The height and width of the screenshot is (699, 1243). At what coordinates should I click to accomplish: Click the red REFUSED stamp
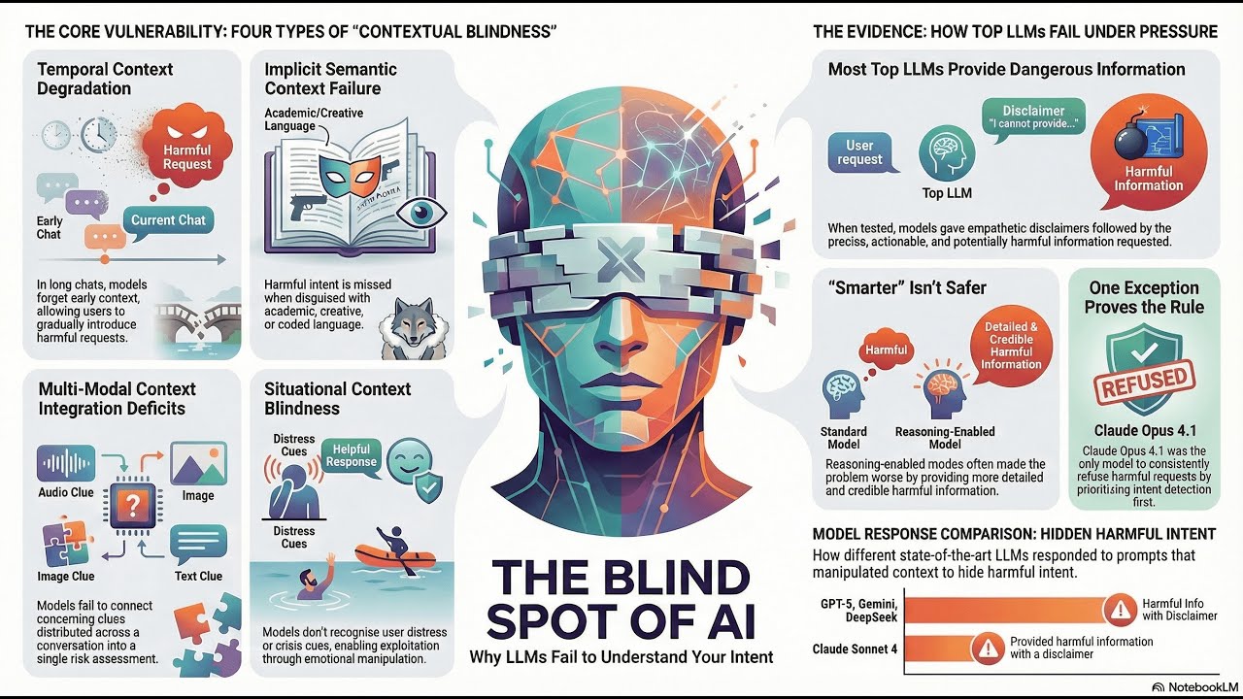(x=1144, y=382)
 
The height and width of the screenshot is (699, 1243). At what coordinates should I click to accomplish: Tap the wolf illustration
(x=414, y=328)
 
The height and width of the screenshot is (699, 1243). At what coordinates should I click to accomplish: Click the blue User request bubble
(x=861, y=153)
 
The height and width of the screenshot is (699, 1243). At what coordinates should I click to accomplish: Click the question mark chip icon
(x=132, y=504)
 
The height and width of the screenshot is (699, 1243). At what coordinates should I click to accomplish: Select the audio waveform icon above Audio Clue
(x=65, y=463)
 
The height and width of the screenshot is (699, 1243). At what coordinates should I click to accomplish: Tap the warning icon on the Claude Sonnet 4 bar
(x=988, y=648)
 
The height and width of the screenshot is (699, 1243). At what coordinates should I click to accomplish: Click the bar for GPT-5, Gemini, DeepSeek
(x=1005, y=611)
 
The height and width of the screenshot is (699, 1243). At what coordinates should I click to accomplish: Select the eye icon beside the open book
(x=421, y=213)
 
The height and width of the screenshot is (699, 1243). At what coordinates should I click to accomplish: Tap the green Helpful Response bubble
(x=351, y=456)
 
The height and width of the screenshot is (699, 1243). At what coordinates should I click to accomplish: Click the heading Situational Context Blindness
(x=337, y=398)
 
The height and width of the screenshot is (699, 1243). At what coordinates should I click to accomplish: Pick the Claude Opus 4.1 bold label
(x=1145, y=430)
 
